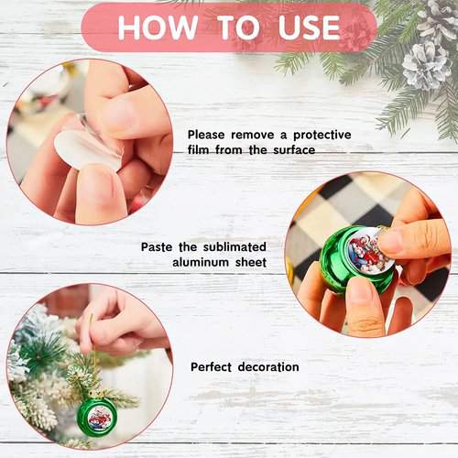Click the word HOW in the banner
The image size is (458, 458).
coord(158,27)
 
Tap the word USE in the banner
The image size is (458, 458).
coord(309,27)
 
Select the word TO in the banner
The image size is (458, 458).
coord(240,27)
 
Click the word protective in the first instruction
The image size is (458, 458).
coord(322,135)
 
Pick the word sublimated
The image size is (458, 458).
coord(234,246)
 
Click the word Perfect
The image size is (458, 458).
coord(211,366)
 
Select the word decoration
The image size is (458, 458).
coord(268,366)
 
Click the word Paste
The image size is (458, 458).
coord(157,246)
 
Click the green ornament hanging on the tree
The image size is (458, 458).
coord(98,417)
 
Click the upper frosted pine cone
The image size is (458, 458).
coord(437,20)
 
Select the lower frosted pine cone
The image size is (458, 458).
coord(427,65)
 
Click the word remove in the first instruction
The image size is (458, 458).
coord(252,135)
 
